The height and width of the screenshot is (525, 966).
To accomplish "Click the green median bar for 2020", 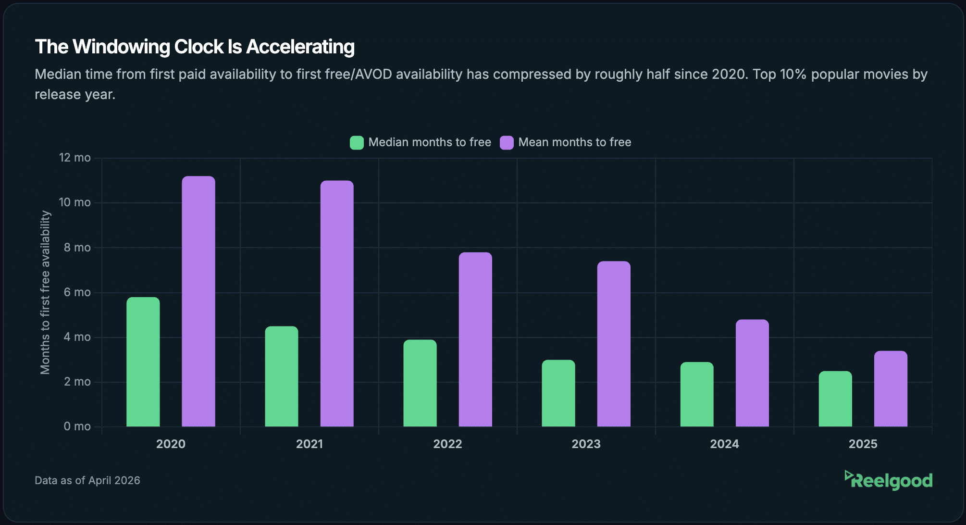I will point(143,362).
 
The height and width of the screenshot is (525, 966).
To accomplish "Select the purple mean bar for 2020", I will point(198,301).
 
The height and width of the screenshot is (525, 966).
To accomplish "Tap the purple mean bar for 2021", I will point(337,303).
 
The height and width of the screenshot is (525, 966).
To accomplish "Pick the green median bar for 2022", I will point(420,383).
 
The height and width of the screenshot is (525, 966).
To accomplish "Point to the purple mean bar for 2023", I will point(614,344).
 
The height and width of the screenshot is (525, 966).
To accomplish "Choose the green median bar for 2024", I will point(697,394).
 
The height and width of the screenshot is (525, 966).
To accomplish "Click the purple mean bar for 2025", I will point(891,388).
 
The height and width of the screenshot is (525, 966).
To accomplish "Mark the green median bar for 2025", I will point(835,399).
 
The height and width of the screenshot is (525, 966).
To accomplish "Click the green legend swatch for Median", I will point(357,143).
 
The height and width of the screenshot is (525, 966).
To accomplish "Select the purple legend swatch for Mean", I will point(507,143).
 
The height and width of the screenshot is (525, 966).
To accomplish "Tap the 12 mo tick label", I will point(74,158).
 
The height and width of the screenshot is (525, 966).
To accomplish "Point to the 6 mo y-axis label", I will point(77,292).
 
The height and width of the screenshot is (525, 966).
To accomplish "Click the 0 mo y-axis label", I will point(77,426).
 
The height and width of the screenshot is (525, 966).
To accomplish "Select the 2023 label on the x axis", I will point(586,444).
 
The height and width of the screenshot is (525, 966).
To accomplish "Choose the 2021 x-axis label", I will point(309,444).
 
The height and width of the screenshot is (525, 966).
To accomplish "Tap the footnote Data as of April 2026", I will point(87,480).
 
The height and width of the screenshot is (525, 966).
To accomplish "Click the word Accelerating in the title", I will point(300,47).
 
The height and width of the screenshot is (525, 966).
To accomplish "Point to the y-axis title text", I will point(45,292).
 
